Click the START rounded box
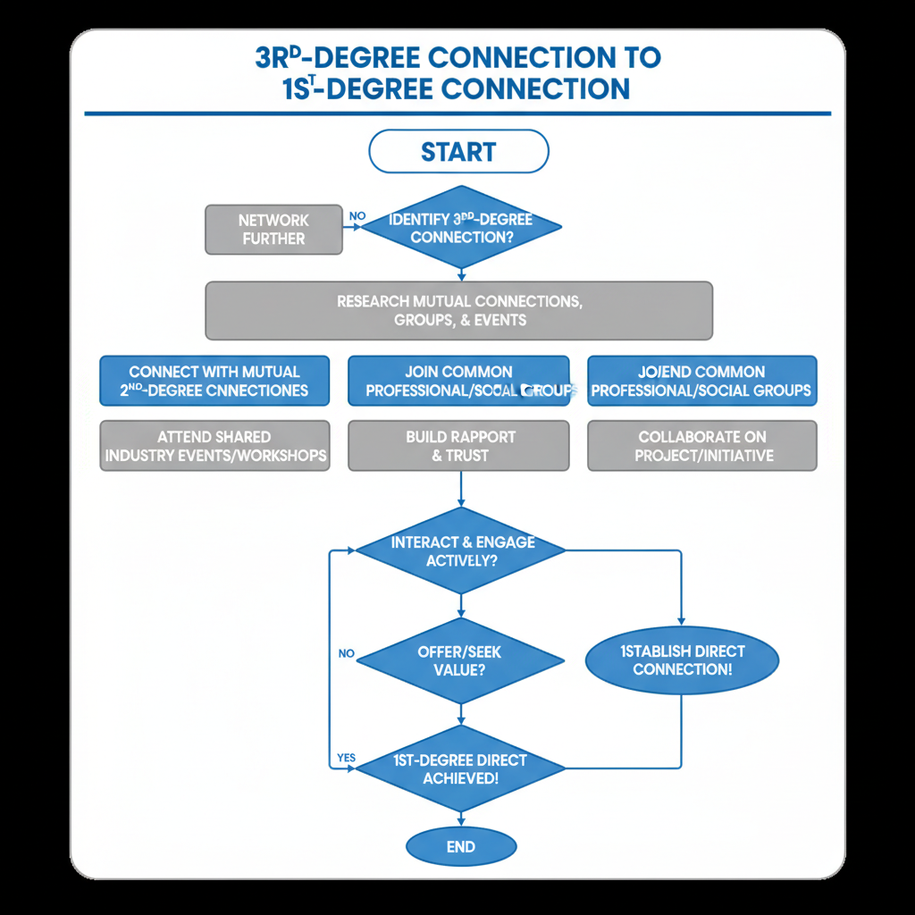pos(458,151)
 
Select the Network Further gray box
pos(273,230)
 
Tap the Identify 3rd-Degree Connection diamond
pos(460,228)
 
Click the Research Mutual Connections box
pos(459,311)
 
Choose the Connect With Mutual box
pos(214,381)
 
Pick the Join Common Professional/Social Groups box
pos(458,381)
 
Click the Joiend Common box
pos(701,381)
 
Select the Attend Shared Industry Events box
pos(214,446)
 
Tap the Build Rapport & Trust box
pos(458,446)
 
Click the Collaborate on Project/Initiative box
pos(701,446)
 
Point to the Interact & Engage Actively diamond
pos(461,551)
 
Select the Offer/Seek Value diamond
pos(460,660)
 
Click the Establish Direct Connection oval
pos(682,660)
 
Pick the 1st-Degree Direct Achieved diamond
pos(460,769)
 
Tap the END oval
pos(461,847)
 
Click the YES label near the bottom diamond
pos(346,758)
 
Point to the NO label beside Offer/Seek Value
pos(347,653)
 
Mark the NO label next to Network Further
pos(357,215)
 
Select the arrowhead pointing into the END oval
pos(461,823)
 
